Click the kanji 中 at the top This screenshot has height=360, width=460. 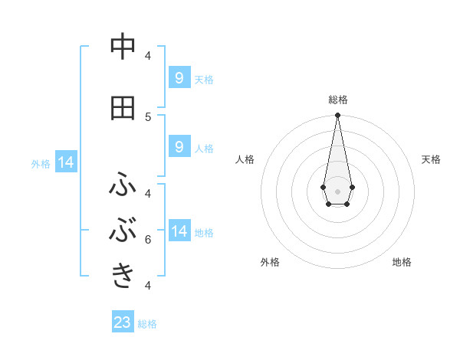(123, 47)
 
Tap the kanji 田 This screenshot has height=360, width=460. (123, 108)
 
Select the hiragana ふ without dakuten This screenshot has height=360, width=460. (123, 185)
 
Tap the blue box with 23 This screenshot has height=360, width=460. (123, 322)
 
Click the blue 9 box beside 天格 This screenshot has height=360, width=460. (179, 77)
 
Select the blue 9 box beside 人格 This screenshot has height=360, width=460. (179, 147)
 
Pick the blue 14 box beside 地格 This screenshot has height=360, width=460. (179, 231)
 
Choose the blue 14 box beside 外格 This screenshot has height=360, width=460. (66, 162)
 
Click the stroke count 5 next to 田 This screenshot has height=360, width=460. (148, 116)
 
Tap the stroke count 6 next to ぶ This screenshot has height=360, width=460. (148, 240)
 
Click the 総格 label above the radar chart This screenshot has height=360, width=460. (337, 100)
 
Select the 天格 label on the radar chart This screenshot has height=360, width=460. (431, 159)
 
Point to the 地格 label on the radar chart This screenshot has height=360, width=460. (402, 262)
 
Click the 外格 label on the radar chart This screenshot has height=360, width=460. (270, 262)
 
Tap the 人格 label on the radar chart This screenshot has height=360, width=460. (245, 159)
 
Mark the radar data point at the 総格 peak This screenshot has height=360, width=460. (337, 115)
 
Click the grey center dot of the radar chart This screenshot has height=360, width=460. (337, 190)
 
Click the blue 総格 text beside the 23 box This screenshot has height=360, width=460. (147, 323)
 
